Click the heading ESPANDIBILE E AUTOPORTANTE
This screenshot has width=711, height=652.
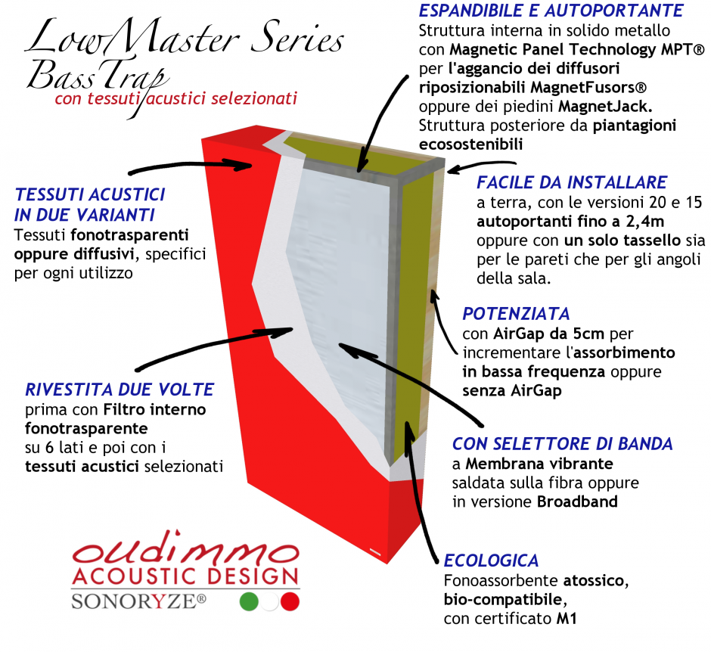551,11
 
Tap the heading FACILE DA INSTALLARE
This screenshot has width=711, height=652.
572,182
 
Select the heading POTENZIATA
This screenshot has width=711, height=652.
516,314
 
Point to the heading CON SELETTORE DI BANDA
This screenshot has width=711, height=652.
563,444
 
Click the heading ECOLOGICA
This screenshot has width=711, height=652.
491,561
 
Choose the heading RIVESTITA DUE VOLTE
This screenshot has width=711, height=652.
120,390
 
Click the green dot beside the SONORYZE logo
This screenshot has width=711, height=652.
249,601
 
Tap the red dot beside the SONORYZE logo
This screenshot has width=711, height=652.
290,601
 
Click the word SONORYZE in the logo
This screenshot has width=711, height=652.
138,601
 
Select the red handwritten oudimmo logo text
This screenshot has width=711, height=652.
186,548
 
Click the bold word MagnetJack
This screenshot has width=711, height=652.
605,107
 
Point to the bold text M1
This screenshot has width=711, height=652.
567,619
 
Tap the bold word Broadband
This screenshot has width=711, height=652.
577,501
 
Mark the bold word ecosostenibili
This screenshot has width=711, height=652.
470,144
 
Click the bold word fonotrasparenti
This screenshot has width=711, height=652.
129,235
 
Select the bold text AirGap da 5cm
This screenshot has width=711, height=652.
548,334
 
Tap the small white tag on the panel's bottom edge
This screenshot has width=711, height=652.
376,551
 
